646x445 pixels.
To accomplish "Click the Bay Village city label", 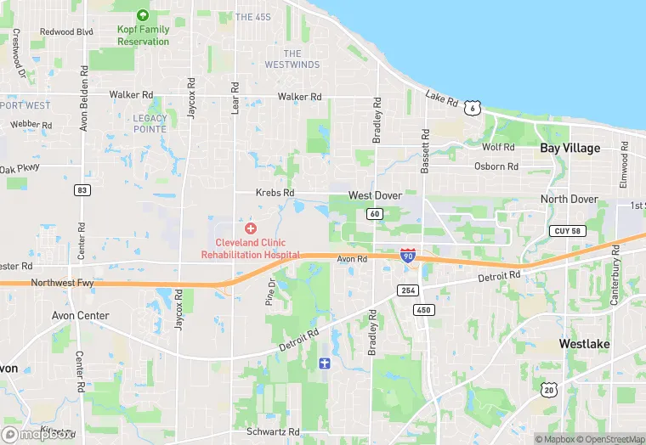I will tap(569, 148).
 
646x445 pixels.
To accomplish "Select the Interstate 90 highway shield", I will tap(408, 254).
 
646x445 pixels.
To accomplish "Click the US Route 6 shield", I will tap(472, 108).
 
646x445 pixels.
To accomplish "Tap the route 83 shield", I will tap(82, 190).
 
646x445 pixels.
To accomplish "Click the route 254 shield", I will tap(406, 290).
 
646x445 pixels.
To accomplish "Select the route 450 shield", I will tap(423, 310).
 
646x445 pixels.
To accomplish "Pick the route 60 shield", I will tap(374, 214).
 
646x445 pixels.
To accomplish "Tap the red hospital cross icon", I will tap(250, 228).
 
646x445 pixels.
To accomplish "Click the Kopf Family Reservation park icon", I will tap(143, 15).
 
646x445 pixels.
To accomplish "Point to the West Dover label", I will tap(374, 196).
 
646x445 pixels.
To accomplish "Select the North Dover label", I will tap(569, 200).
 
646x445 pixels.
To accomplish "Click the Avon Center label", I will tap(80, 316).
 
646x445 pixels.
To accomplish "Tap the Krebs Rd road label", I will tap(275, 194).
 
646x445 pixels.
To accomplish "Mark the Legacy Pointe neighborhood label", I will tap(150, 123).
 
